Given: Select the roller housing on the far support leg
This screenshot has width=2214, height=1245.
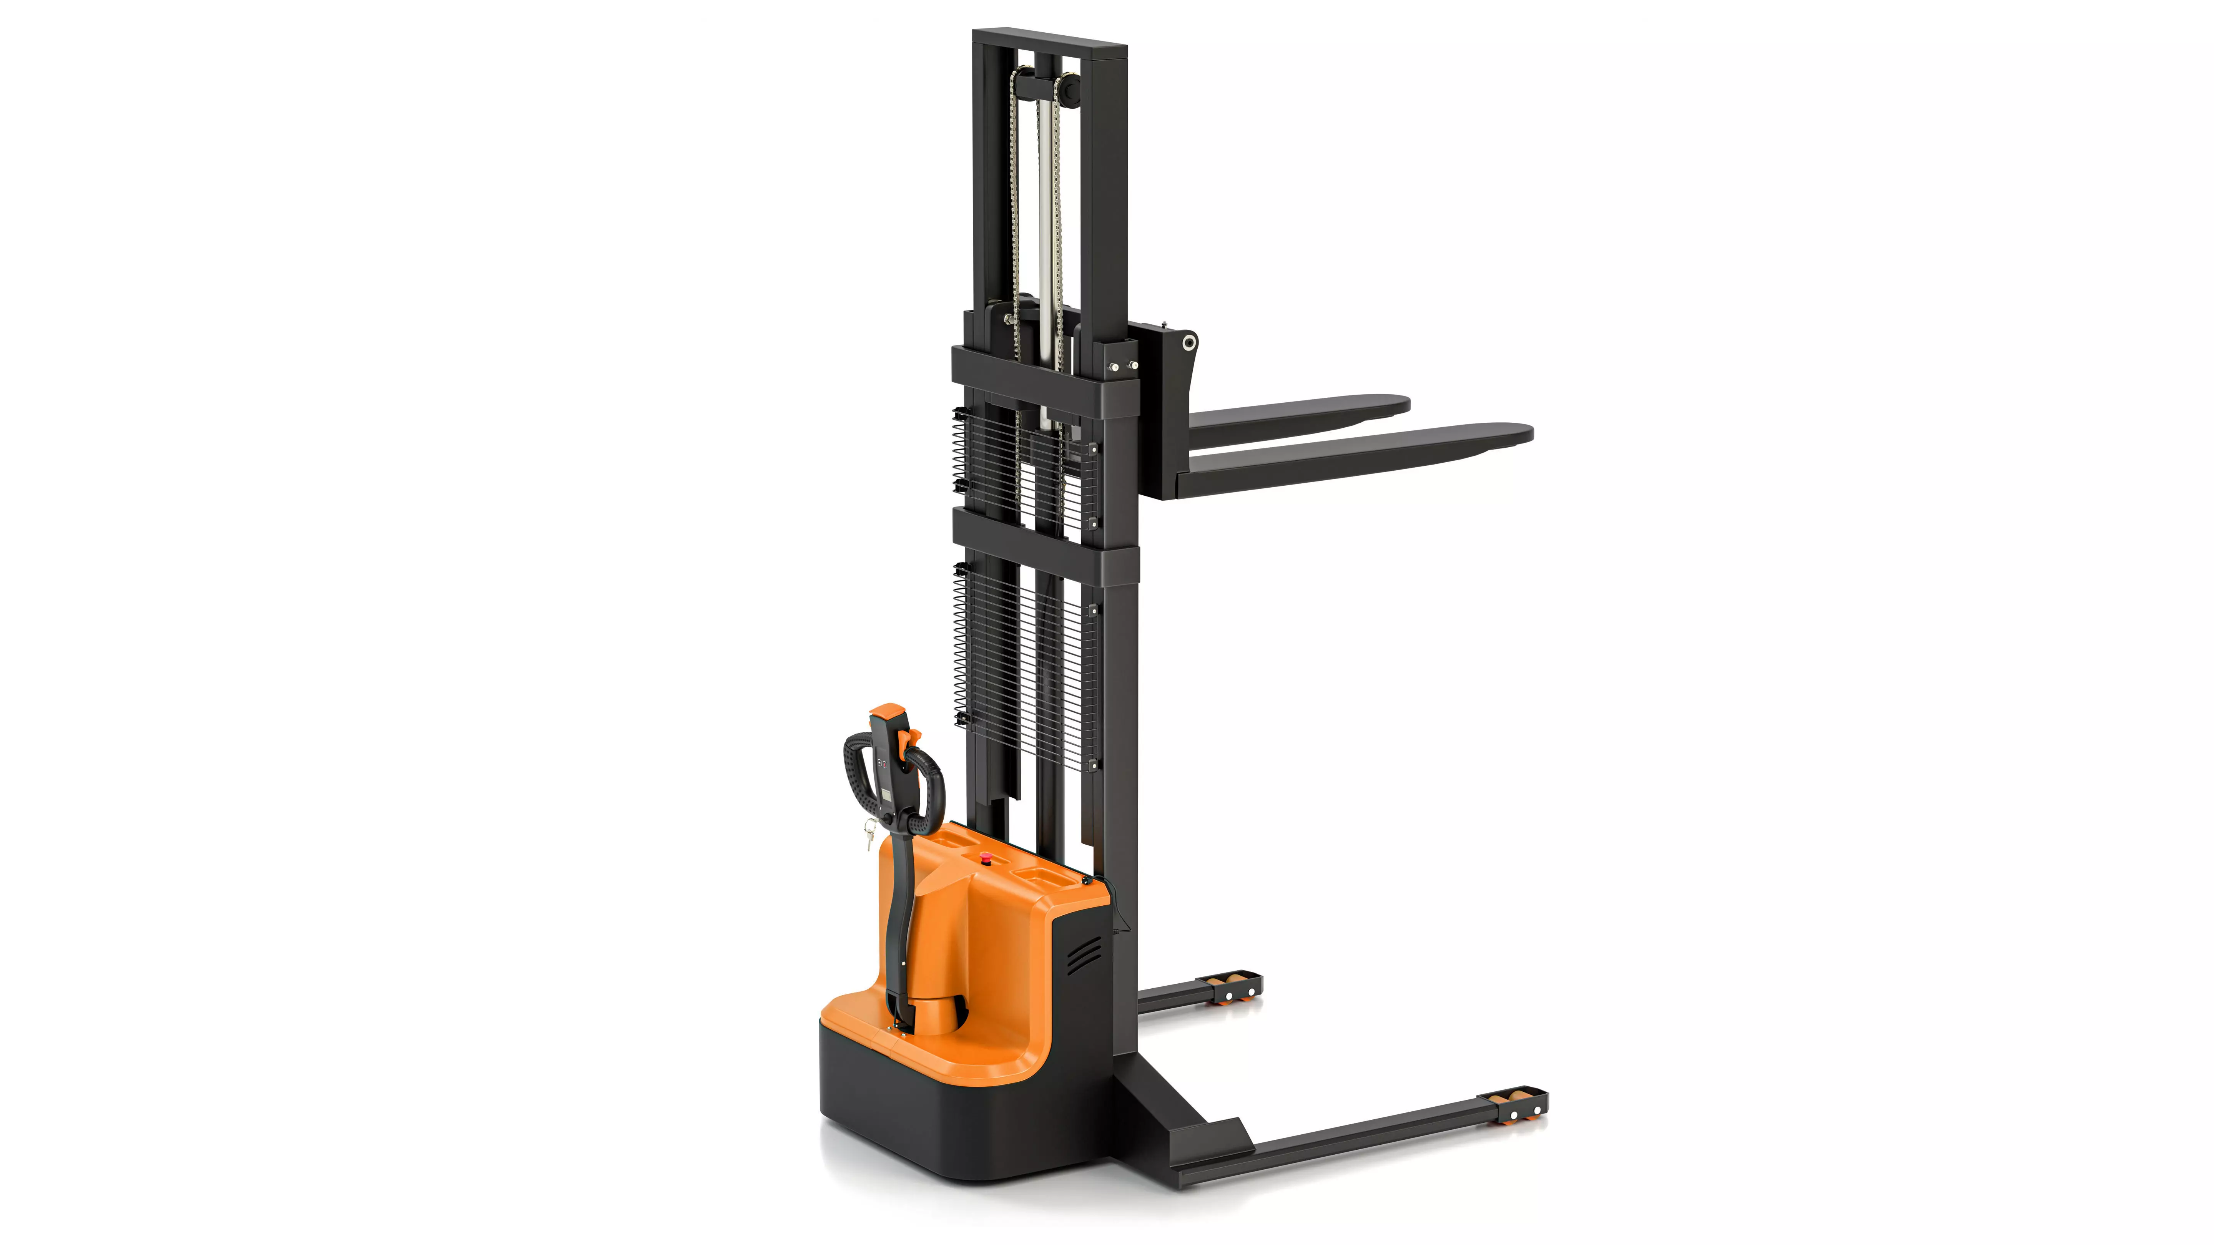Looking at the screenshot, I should [x=1238, y=988].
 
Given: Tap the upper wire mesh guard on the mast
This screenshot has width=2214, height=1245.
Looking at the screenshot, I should [x=1023, y=468].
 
